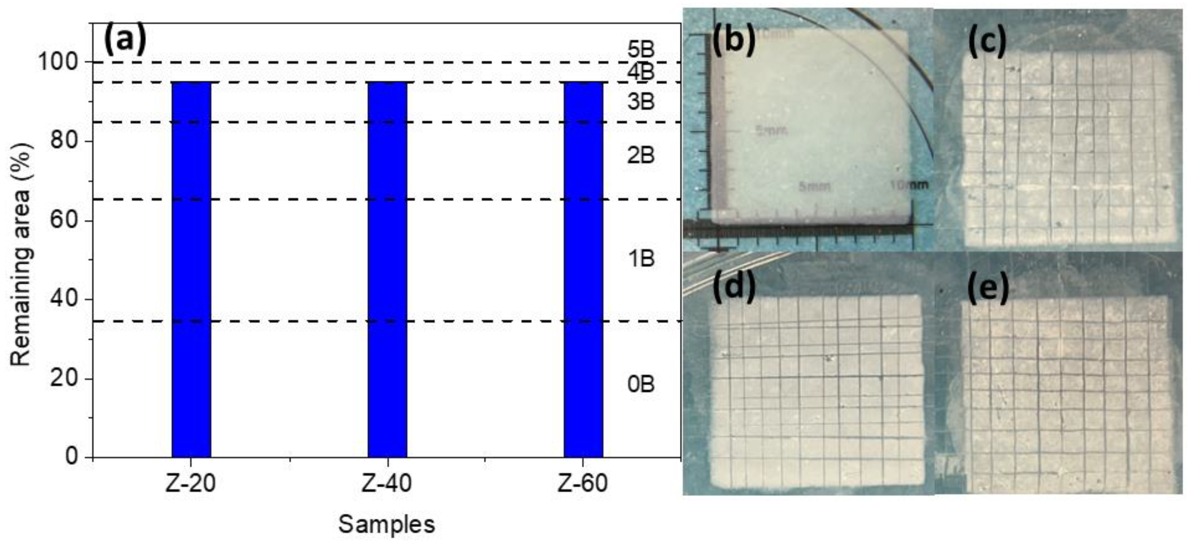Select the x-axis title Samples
(x=387, y=524)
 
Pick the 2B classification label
(x=641, y=156)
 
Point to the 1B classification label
(x=641, y=259)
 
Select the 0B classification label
(x=641, y=385)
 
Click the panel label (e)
(x=987, y=289)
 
